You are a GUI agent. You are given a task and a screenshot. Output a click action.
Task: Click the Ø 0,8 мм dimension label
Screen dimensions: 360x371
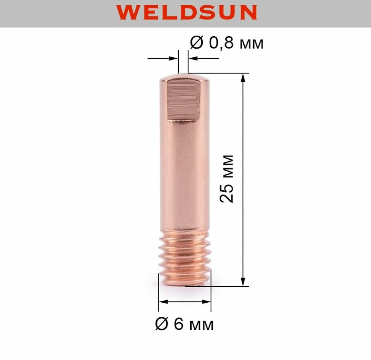coord(227,43)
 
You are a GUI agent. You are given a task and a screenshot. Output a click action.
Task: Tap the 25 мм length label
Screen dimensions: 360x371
coord(227,178)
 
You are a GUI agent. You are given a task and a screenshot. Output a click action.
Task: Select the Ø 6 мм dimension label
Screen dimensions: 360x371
coord(184,324)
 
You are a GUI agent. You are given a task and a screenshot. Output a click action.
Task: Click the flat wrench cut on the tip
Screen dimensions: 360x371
coord(183,101)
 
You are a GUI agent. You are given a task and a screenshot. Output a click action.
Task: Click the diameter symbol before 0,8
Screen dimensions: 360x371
coord(196,43)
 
